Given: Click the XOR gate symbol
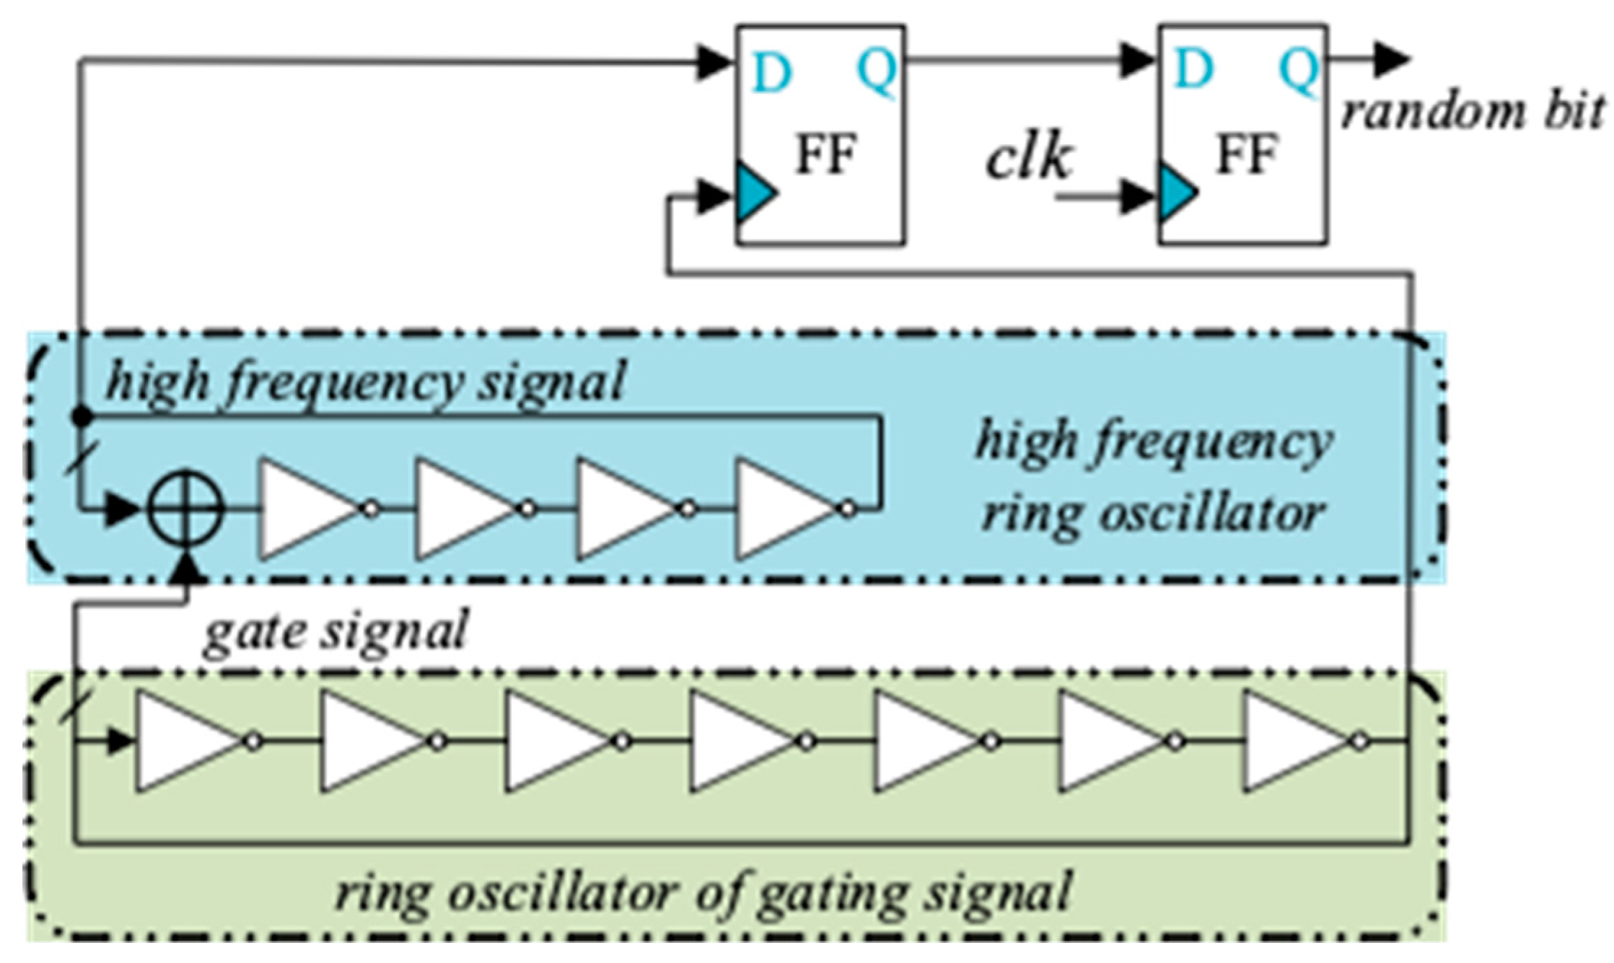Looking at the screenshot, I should click(186, 509).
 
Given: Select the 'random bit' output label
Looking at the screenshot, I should click(1472, 113).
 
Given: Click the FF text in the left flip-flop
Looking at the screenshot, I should click(825, 154).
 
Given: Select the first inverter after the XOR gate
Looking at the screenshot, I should click(310, 509).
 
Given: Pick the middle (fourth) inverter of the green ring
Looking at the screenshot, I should click(743, 741).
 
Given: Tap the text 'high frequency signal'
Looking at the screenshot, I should click(365, 382).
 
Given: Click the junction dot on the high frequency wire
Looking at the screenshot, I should click(84, 415).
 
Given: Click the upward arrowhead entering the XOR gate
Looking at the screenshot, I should click(187, 568).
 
